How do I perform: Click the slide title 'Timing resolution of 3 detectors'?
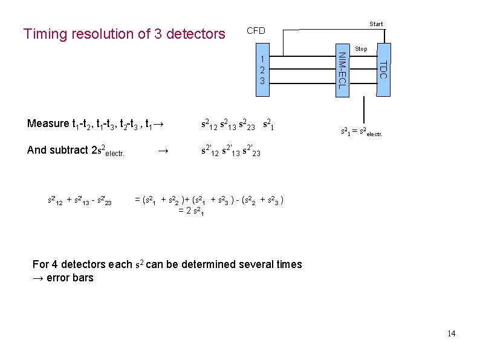[x=124, y=34]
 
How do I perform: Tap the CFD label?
[x=256, y=30]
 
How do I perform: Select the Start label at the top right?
[x=376, y=24]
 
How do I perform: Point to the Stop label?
[x=361, y=48]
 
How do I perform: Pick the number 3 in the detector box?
[x=262, y=80]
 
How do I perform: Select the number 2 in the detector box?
[x=262, y=70]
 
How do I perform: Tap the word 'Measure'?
[x=48, y=124]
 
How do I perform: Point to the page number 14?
[x=452, y=334]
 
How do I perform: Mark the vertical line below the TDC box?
[x=364, y=111]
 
